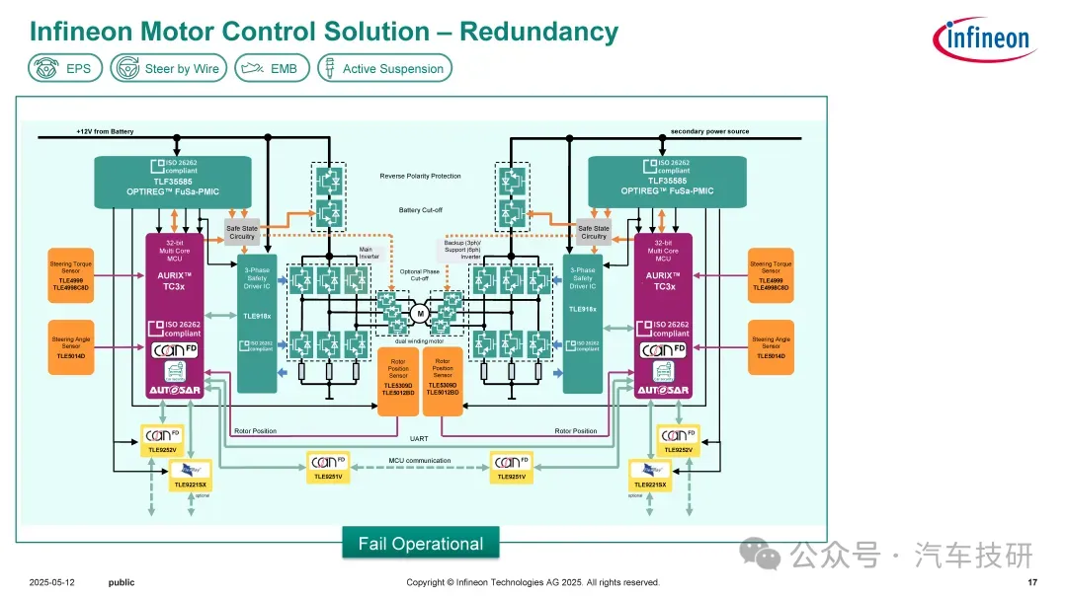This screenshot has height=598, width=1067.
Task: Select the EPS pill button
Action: (65, 68)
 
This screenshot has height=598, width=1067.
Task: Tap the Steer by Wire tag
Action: (169, 68)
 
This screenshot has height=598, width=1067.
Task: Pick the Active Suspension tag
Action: (382, 68)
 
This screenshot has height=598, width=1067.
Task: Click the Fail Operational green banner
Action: (421, 544)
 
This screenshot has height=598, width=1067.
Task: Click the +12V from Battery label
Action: (105, 131)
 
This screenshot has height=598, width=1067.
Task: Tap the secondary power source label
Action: (709, 131)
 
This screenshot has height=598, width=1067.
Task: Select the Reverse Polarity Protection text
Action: (420, 177)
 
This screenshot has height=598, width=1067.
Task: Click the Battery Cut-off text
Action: (420, 210)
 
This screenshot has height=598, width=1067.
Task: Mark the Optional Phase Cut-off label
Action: (420, 274)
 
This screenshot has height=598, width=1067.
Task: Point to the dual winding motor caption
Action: (419, 340)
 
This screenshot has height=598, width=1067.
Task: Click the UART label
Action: (418, 438)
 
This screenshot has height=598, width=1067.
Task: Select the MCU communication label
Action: (419, 461)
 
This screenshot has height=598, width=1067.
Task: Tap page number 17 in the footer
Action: (1032, 583)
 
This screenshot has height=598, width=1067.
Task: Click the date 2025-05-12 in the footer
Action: (52, 583)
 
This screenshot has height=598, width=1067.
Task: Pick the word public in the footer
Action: (122, 583)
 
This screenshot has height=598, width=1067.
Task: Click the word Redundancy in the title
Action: (538, 32)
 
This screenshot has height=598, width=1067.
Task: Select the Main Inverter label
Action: (368, 253)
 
